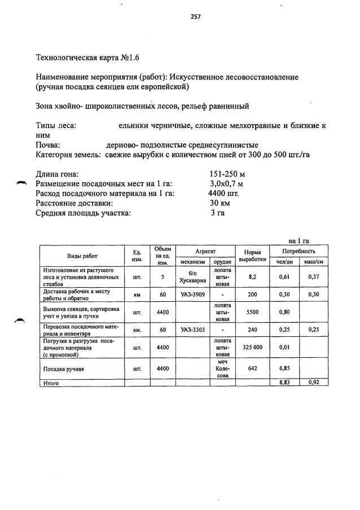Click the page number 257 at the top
196,16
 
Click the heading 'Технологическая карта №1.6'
87,58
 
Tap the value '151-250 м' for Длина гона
227,174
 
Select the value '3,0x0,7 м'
226,184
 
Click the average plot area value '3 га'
217,213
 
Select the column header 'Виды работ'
82,256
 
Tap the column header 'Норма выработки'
252,256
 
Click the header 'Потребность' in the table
298,250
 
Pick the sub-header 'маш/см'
313,262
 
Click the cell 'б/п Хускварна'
192,276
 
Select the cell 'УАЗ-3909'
192,294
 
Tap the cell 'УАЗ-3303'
192,329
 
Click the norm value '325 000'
252,348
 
